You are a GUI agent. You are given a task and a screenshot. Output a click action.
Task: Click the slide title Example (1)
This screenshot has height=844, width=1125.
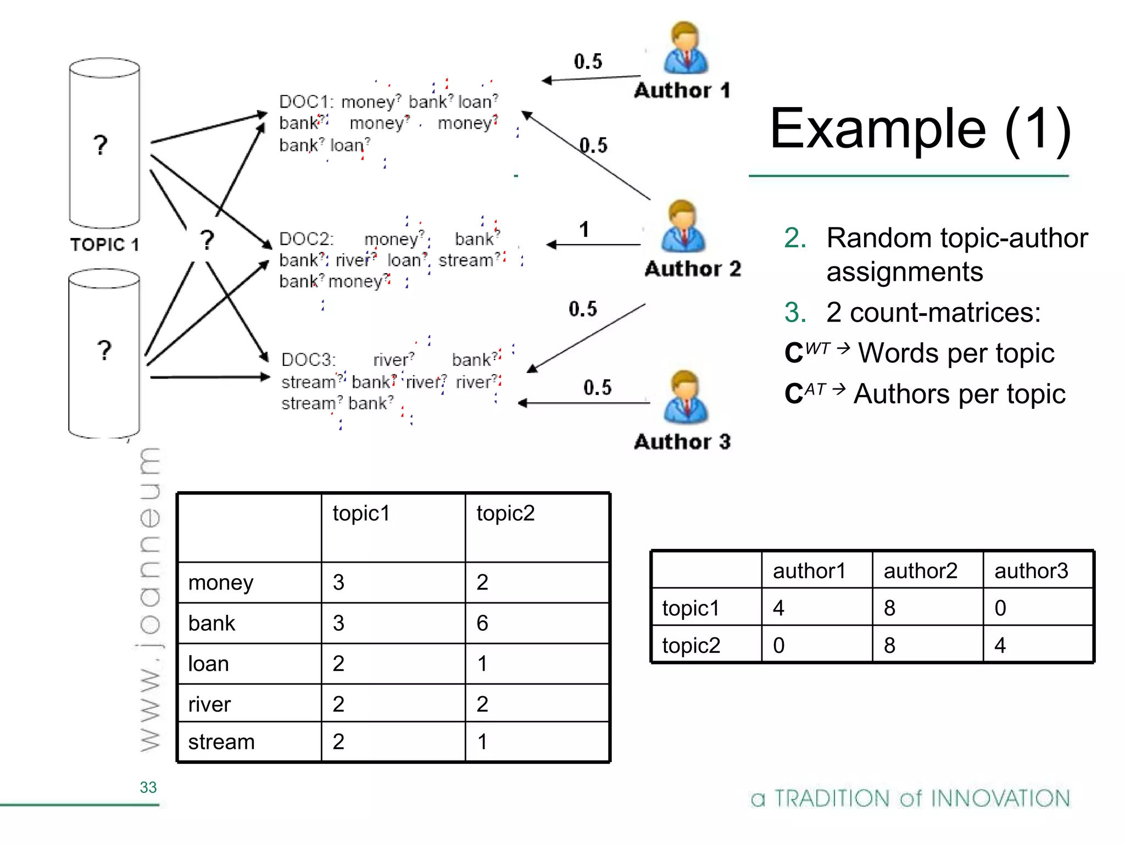[x=920, y=129]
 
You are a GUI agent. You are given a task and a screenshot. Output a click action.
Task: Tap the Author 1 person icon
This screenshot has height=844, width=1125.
[x=685, y=49]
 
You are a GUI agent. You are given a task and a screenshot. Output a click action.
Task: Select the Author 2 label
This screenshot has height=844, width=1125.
[x=693, y=269]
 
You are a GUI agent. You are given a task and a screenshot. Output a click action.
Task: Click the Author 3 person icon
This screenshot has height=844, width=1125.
[x=685, y=397]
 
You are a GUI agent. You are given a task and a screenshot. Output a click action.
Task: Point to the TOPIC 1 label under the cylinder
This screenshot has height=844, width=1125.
[x=104, y=245]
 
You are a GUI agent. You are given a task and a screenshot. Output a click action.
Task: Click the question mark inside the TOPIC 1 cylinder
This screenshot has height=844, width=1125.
[x=100, y=145]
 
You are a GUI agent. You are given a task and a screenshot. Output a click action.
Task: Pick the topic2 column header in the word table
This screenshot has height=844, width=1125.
[x=505, y=513]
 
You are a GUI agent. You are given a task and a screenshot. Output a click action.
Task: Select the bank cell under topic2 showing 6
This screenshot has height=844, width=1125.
[x=482, y=623]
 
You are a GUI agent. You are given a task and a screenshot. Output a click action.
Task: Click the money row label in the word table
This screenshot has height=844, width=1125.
[x=220, y=582]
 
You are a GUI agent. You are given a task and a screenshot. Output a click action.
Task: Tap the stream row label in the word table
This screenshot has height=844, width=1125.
[x=221, y=742]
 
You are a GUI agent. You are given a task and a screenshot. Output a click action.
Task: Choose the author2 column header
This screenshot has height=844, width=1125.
[x=920, y=571]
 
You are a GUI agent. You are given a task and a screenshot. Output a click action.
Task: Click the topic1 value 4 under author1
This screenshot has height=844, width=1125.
[x=778, y=608]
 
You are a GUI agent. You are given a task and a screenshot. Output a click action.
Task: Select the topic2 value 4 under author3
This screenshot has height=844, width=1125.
[x=1000, y=645]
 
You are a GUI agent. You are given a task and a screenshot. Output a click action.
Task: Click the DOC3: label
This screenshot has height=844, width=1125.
[x=308, y=360]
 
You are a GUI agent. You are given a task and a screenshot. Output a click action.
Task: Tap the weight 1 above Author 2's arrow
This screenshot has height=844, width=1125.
[x=584, y=230]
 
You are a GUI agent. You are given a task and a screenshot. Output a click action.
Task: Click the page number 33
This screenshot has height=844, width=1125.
[x=148, y=787]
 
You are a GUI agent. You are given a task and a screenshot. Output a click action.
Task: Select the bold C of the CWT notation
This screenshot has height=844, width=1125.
[x=794, y=353]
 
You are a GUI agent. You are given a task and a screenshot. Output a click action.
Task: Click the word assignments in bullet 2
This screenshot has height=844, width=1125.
[x=904, y=272]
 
